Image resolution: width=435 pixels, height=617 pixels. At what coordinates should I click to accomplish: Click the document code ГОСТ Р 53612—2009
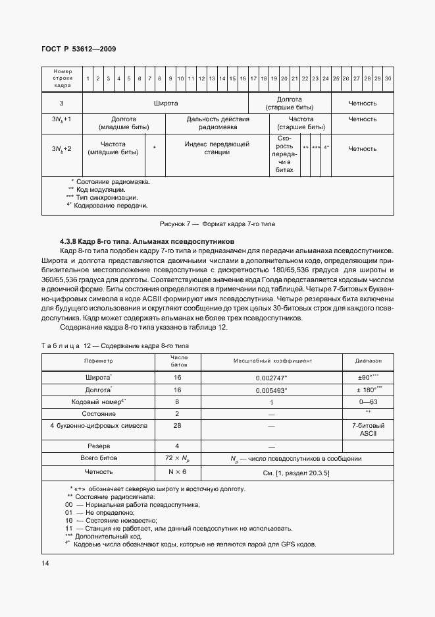coord(79,49)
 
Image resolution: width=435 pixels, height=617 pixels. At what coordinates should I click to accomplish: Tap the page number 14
coord(44,562)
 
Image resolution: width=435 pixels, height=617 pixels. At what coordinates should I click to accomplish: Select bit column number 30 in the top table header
coord(388,78)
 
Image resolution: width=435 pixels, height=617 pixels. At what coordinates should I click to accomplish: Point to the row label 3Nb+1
coord(61,119)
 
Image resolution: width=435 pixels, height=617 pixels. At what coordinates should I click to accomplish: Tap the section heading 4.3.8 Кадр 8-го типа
coord(143,242)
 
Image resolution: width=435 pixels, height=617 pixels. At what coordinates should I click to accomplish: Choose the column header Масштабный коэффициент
coord(272,361)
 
